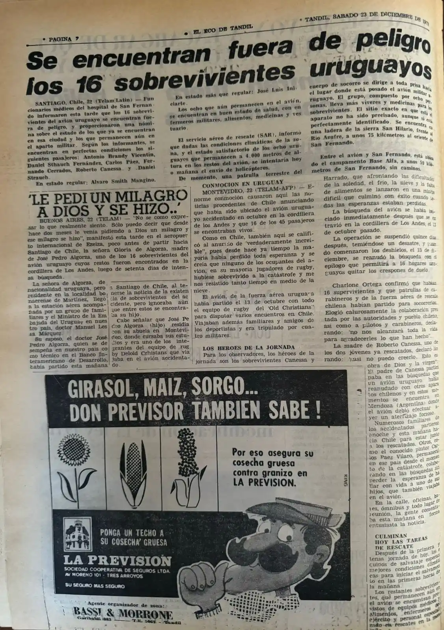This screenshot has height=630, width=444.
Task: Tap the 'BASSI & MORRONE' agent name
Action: tap(123, 615)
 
